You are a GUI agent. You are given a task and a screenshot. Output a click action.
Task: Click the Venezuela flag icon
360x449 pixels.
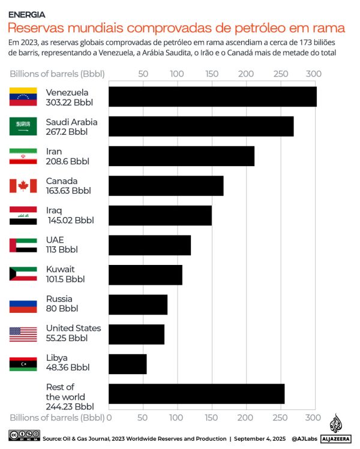tap(23, 97)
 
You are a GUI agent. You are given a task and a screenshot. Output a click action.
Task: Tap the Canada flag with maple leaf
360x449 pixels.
tap(23, 186)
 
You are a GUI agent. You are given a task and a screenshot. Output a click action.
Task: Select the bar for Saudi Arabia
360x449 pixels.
tap(200, 126)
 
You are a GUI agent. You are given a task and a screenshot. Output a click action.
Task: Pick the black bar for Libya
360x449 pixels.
tap(127, 364)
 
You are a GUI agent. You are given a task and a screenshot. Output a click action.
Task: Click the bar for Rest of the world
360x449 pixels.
tap(196, 393)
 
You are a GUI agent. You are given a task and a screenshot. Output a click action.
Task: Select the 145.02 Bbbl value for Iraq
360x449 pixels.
tap(70, 220)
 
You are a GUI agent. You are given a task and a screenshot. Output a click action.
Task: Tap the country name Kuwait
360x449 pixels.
tap(60, 269)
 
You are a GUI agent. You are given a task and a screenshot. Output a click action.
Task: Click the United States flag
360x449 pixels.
tap(23, 334)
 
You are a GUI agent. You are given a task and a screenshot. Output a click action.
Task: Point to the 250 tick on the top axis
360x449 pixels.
tap(280, 74)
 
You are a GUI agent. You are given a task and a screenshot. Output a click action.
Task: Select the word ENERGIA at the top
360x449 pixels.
tap(26, 14)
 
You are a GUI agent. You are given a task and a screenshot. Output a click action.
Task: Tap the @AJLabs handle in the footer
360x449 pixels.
tap(304, 439)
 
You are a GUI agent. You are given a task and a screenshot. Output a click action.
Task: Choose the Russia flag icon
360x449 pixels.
tap(23, 305)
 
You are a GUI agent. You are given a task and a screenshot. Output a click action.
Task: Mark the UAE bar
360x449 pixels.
tap(149, 245)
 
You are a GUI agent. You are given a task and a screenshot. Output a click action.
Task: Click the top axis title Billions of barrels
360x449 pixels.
tap(57, 74)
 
